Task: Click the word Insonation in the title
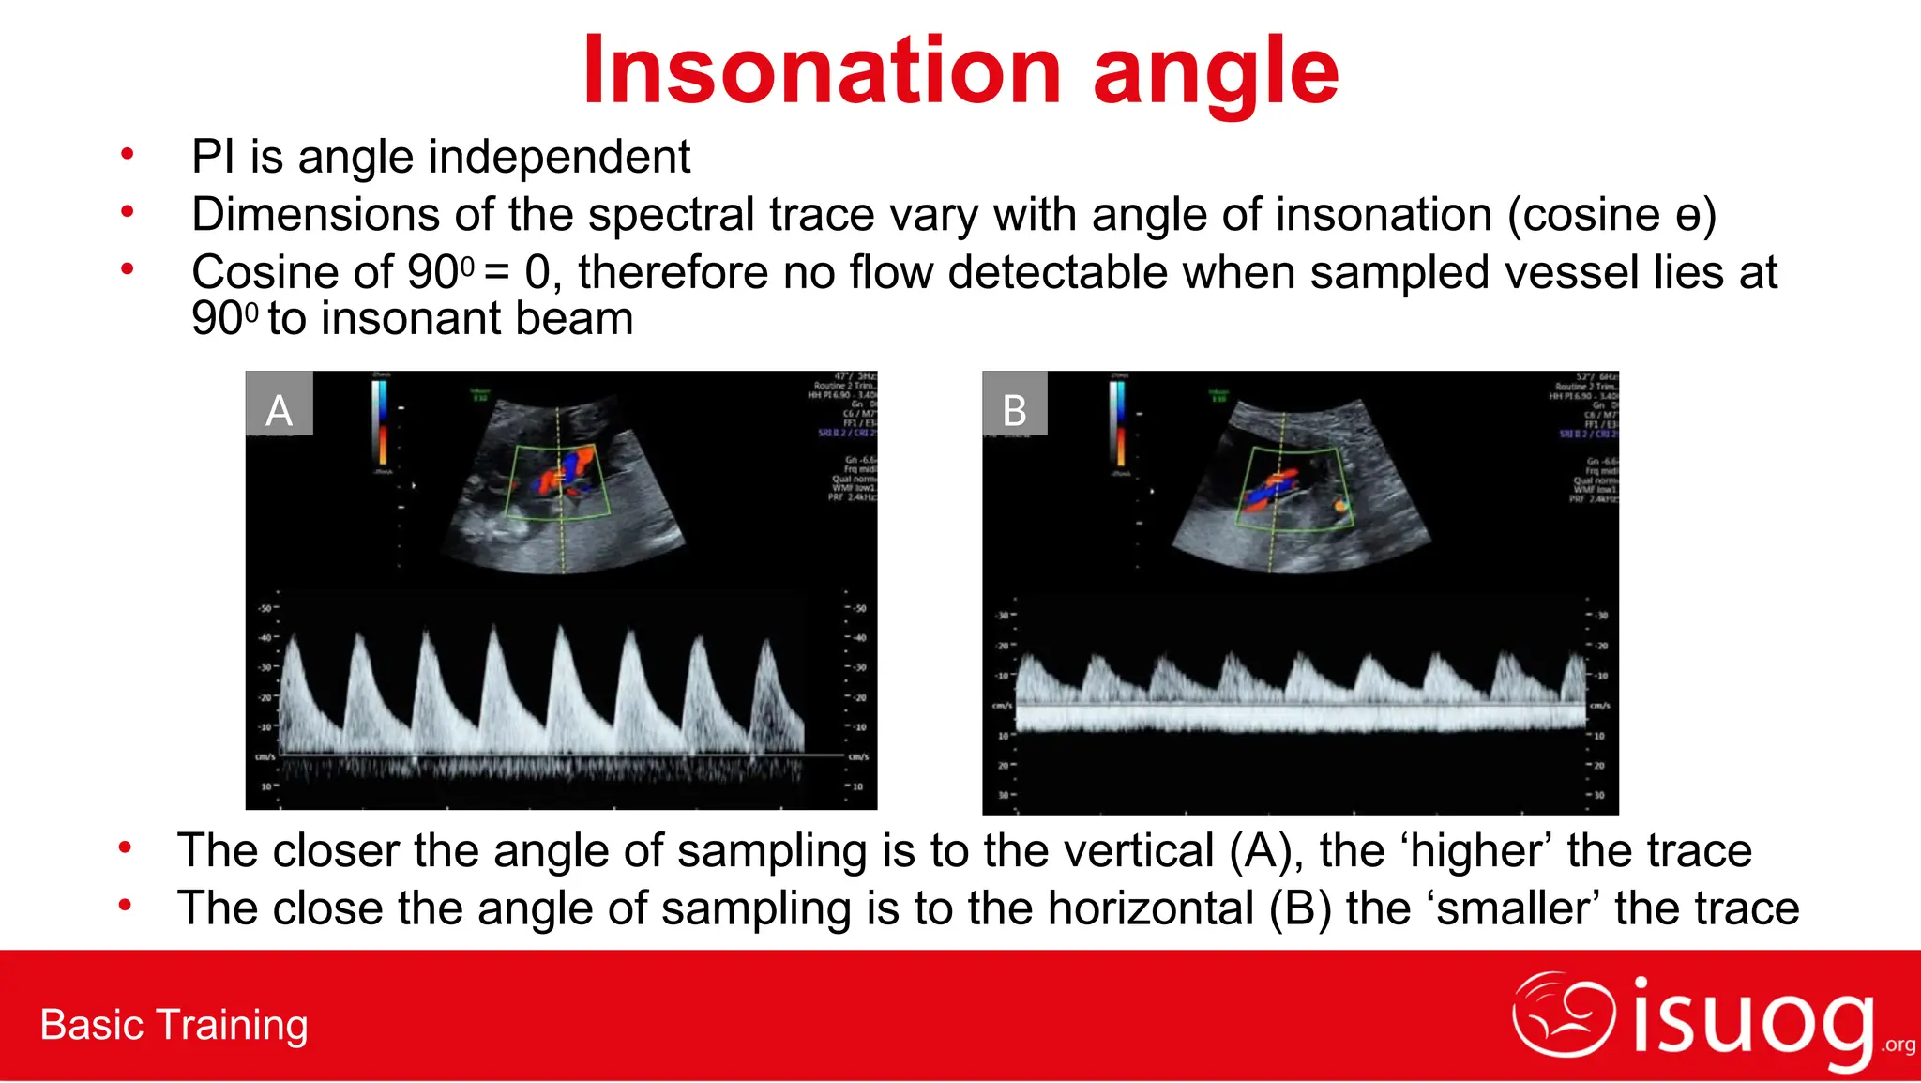tap(821, 71)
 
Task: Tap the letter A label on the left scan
tap(279, 410)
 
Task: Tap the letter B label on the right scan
tap(1014, 410)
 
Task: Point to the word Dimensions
tap(316, 215)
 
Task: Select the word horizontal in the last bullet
tap(1150, 908)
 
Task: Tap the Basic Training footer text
tap(174, 1025)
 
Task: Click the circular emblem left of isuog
tap(1563, 1014)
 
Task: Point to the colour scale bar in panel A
tap(382, 422)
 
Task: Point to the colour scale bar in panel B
tap(1118, 422)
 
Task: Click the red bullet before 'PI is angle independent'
tap(127, 155)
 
